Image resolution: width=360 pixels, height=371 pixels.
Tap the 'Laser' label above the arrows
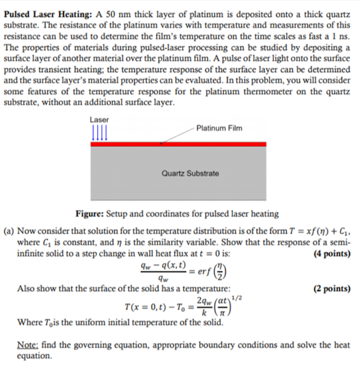point(99,120)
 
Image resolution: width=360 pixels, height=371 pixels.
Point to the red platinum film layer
point(178,144)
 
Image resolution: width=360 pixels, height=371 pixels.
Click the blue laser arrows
point(100,131)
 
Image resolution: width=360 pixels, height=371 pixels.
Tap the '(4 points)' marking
point(331,253)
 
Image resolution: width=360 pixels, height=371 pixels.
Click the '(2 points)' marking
point(331,290)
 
